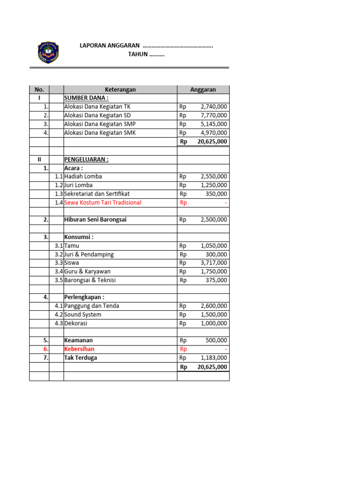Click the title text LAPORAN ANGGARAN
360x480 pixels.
coord(110,45)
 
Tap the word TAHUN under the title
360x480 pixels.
coord(138,54)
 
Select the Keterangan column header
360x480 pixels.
coord(120,90)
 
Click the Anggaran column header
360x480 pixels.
coord(203,90)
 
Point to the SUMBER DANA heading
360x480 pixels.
coord(86,98)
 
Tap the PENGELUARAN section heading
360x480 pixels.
coord(86,159)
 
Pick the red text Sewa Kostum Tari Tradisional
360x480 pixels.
coord(103,202)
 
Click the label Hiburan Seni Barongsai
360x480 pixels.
coord(95,219)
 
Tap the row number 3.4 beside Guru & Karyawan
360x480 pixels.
coord(59,271)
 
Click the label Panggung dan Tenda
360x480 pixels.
coord(91,306)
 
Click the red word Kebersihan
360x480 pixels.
coord(79,349)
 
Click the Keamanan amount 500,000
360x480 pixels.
coord(217,340)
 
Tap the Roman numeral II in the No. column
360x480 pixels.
coord(39,159)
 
